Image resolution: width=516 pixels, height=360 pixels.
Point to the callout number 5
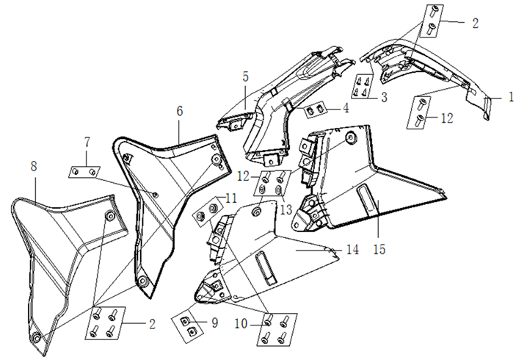246,76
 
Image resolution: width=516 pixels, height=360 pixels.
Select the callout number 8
34,166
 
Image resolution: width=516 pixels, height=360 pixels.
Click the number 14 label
352,250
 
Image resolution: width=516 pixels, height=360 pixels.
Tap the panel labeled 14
272,250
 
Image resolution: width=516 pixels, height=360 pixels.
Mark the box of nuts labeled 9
189,324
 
